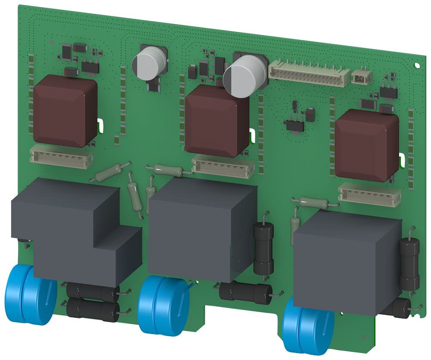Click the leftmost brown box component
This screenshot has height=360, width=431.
(65, 110)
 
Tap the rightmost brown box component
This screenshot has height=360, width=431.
(366, 144)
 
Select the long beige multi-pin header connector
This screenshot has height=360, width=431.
(309, 73)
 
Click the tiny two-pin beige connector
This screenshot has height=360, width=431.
(361, 77)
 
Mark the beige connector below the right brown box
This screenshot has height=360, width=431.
(369, 194)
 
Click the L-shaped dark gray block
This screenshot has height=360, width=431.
(75, 233)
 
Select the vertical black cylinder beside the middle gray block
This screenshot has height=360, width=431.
(263, 248)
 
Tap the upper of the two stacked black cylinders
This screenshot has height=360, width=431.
(93, 292)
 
